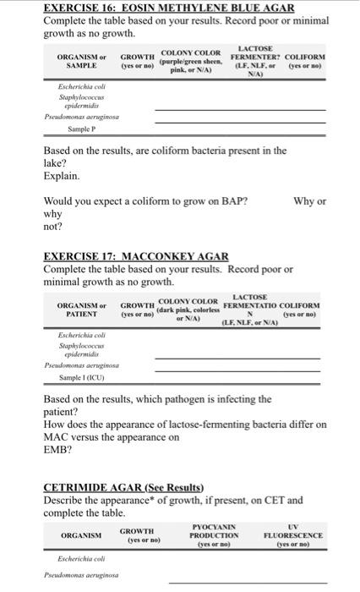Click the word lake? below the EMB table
point(57,163)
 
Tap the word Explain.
point(62,176)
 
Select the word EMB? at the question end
point(58,450)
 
